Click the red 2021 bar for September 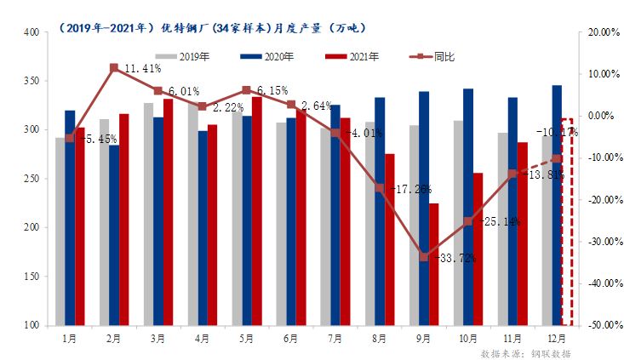(433, 264)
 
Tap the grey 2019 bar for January (60, 231)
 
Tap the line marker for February (114, 66)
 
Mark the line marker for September (423, 256)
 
